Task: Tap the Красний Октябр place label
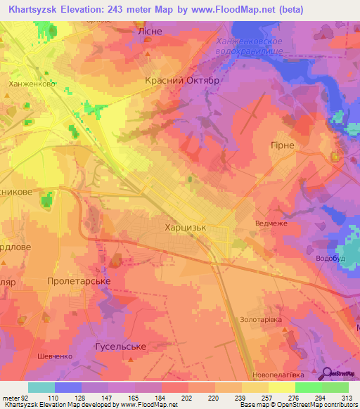click(183, 81)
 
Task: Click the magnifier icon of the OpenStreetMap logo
click(327, 374)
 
